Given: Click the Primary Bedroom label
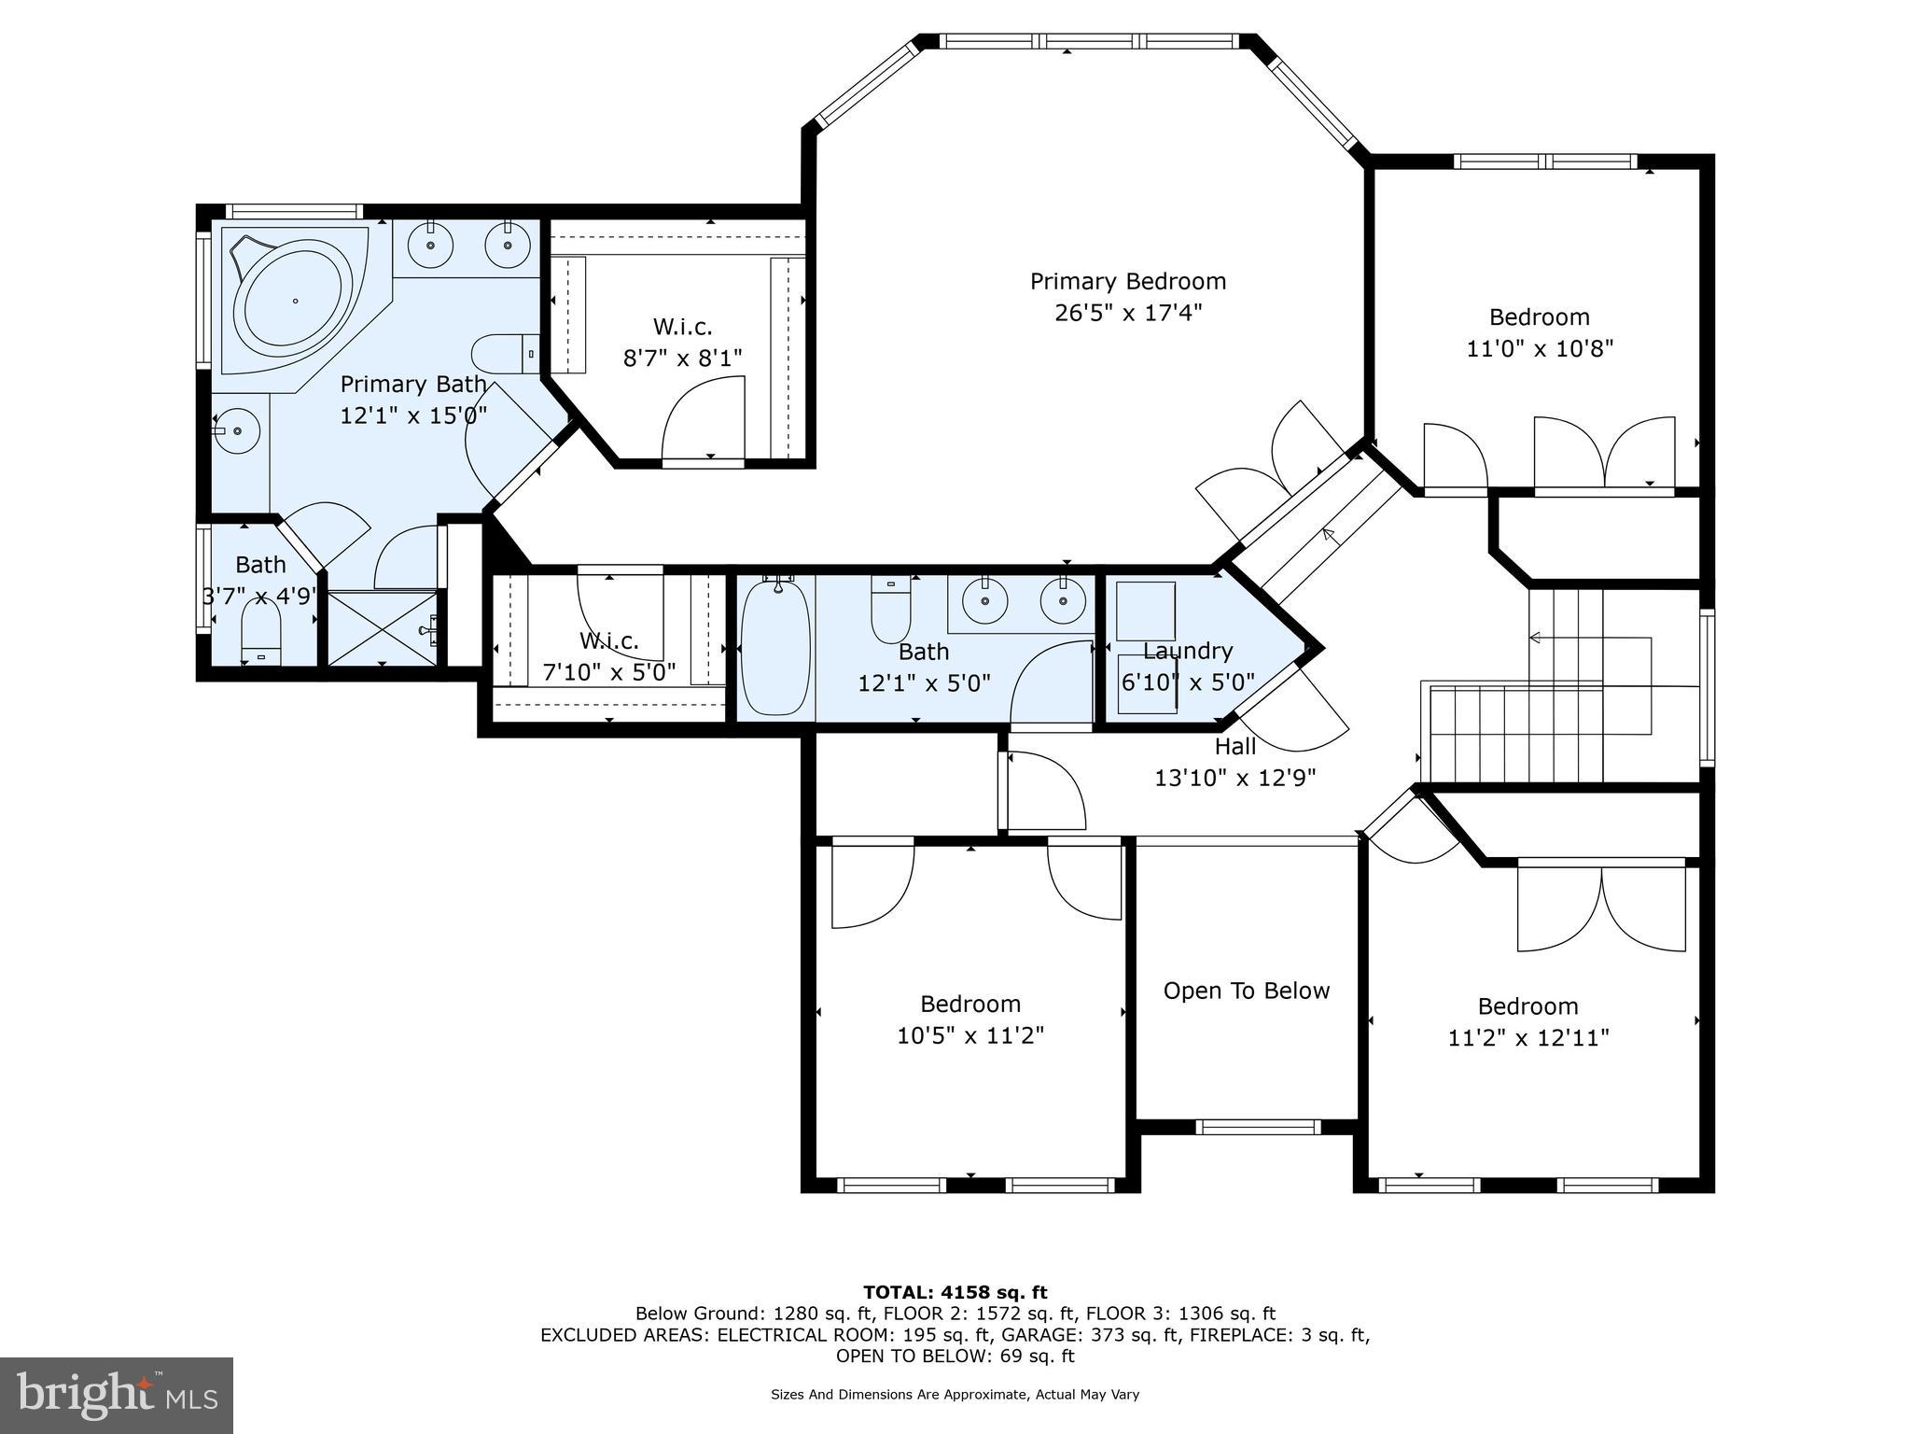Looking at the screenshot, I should coord(1127,281).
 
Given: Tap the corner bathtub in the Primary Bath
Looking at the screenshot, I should coord(293,301).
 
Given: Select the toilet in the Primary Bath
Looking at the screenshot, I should coord(504,354).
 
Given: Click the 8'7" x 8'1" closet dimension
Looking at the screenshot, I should coord(682,358).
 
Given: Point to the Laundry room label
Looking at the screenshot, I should coord(1187,651).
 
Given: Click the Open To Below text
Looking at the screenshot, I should coord(1246,991).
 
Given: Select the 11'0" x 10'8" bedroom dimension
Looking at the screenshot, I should coord(1539,348).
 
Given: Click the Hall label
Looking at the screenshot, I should coord(1234,747).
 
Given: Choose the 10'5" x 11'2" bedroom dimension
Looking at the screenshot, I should coord(970,1035).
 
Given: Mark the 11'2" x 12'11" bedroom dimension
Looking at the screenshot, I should coord(1528,1037).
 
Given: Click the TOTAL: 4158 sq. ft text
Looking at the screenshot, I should coord(955,1292).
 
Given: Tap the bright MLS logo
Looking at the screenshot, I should coord(117,1395).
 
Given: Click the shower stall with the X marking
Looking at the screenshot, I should coord(382,627).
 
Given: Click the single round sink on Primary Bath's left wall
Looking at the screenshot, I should coord(237,431).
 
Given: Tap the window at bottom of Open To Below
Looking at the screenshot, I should coord(1259,1127).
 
